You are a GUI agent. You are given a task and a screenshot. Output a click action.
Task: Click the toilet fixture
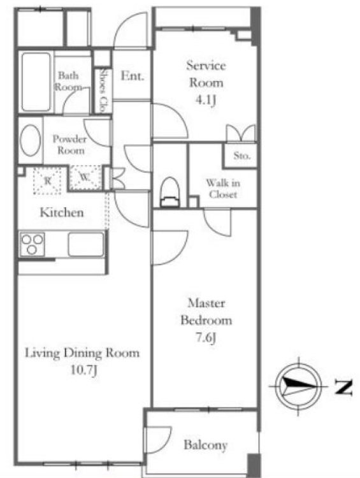coord(169,192)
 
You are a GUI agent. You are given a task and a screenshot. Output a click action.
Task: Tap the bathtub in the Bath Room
coord(36,82)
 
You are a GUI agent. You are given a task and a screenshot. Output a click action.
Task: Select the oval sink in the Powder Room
coord(30,140)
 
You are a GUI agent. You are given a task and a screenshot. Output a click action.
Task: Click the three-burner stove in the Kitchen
coord(32,244)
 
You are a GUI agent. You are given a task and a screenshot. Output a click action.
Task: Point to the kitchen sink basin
coord(86,244)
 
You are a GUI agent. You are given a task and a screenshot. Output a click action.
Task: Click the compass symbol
coord(298,386)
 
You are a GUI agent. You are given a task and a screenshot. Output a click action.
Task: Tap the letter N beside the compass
coord(343,387)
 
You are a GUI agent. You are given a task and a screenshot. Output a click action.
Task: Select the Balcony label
coord(205,445)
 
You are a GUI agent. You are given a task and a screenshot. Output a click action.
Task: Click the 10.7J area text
coord(84,371)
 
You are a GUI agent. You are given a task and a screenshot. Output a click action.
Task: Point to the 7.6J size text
coord(205,337)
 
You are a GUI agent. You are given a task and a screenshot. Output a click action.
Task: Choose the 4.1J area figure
coord(206,99)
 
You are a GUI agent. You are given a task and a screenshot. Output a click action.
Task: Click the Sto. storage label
coord(241,156)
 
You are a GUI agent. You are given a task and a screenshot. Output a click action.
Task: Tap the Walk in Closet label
coord(223,189)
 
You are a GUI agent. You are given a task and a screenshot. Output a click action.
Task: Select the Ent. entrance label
coord(133,76)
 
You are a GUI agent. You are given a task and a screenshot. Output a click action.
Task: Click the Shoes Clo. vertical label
coord(104,91)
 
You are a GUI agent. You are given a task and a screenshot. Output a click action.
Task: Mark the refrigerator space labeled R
coord(47,181)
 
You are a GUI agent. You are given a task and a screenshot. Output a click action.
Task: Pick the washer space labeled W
coord(85,178)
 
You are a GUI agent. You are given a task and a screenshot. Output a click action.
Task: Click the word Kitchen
coord(62,212)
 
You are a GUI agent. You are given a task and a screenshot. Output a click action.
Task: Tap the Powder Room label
coord(71,145)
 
